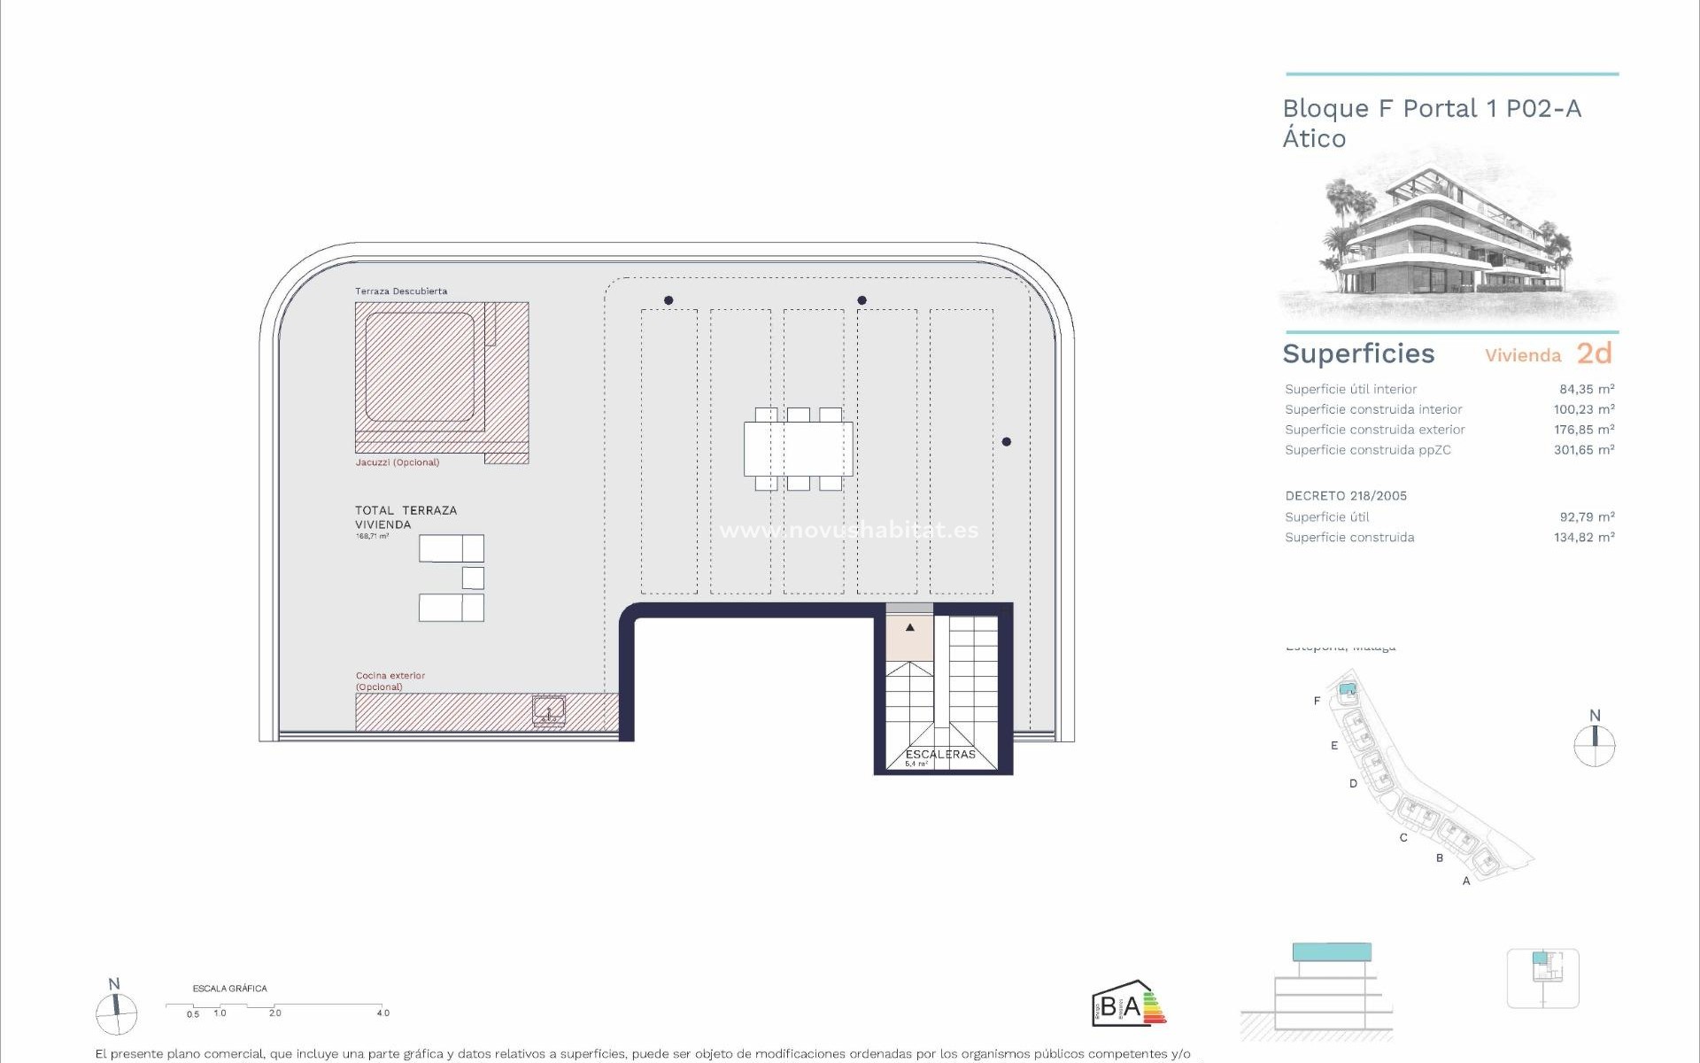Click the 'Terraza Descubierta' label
point(400,291)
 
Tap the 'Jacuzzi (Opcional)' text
point(397,462)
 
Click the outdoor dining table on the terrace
point(797,449)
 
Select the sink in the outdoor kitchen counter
point(549,710)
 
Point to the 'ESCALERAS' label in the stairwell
point(940,754)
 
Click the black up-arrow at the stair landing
point(909,628)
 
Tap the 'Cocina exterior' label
point(390,675)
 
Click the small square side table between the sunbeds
point(473,578)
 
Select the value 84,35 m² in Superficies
point(1586,389)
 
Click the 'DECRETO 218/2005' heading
point(1346,496)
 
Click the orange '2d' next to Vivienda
point(1594,353)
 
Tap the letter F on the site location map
point(1317,701)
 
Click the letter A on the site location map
point(1466,881)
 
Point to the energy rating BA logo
point(1127,1005)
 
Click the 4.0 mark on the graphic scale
point(382,1013)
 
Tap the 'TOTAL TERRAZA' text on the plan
point(406,510)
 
